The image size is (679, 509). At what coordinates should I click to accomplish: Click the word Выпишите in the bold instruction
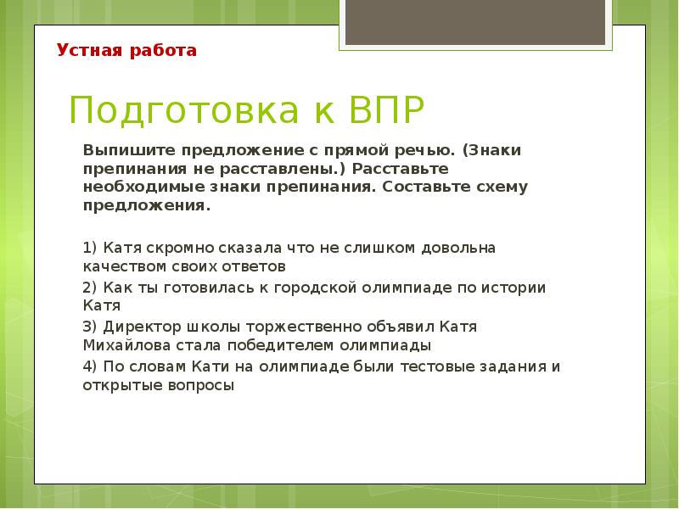coord(118,149)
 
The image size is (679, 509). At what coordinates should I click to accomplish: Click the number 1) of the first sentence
coord(91,249)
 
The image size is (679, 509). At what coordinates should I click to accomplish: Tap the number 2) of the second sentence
coord(91,288)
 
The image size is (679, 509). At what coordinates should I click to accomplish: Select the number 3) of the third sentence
coord(91,327)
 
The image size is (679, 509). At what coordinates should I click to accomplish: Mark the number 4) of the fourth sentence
coord(91,366)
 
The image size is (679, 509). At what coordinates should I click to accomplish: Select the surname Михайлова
coord(123,346)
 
